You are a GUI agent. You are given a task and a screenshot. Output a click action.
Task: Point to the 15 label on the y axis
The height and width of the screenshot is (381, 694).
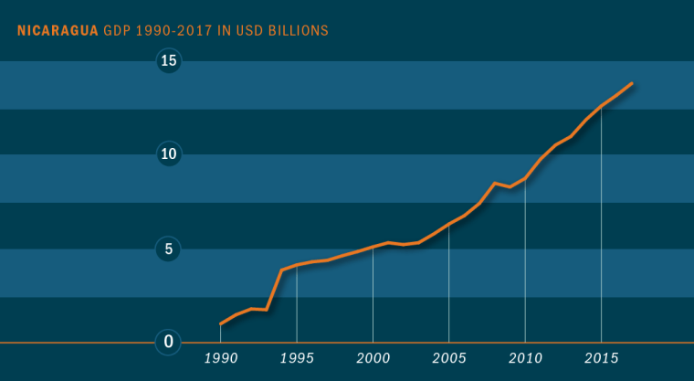(x=169, y=61)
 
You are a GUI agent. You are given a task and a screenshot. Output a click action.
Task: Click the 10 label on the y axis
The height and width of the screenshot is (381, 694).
(x=169, y=153)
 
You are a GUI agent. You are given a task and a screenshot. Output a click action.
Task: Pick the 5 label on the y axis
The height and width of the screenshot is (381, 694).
(x=169, y=248)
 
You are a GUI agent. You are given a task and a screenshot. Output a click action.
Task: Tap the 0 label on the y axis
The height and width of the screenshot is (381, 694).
(x=169, y=342)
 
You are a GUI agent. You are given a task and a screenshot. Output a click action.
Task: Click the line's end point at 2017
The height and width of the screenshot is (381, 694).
(x=632, y=83)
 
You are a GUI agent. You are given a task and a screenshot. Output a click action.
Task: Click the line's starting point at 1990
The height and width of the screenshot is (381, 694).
(x=221, y=323)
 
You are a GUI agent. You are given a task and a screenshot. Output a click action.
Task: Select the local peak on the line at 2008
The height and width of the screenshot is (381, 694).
(x=494, y=184)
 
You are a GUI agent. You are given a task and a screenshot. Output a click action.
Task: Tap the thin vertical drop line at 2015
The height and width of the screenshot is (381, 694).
(x=601, y=228)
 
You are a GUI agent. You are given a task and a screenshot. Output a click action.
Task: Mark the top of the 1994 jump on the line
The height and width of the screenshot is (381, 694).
(x=281, y=270)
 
